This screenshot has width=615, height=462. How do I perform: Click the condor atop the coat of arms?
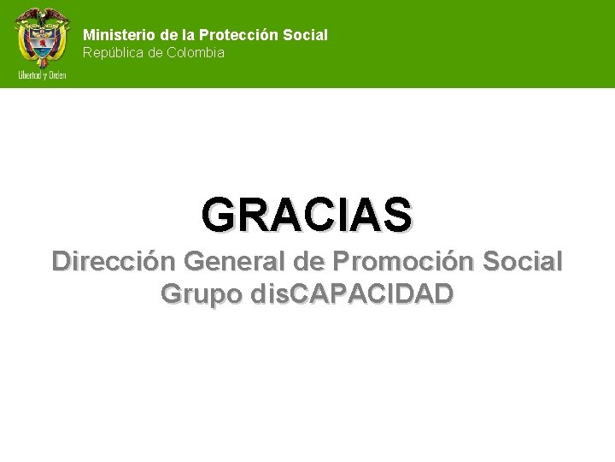click(x=41, y=15)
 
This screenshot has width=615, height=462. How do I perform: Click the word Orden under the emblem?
click(x=57, y=75)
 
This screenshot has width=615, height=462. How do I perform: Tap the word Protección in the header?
click(x=239, y=35)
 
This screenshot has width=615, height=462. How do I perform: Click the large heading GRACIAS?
click(x=307, y=215)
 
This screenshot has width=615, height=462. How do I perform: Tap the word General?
click(x=236, y=260)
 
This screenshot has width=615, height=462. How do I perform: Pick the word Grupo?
click(x=202, y=293)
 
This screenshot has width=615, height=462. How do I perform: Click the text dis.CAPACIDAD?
click(x=353, y=293)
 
